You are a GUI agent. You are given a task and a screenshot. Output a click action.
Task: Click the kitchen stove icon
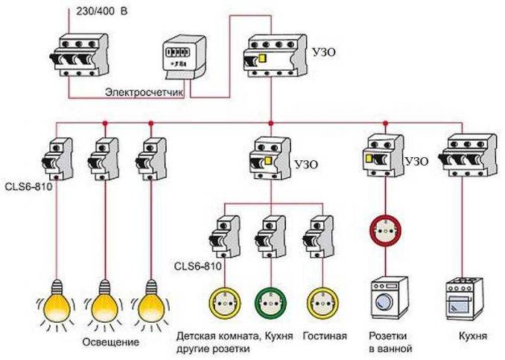[x=463, y=300]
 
